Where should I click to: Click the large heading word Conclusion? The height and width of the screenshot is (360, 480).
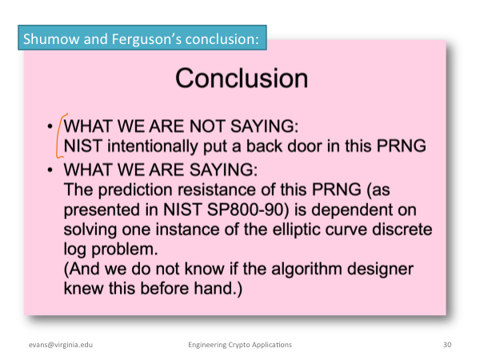242,78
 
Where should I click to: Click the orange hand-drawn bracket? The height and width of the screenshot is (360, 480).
61,136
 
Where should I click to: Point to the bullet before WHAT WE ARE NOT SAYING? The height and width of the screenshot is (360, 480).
50,126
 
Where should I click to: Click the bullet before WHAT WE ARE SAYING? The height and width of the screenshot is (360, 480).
50,170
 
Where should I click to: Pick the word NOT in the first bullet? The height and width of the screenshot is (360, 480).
207,126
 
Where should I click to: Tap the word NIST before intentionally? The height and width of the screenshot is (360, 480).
83,146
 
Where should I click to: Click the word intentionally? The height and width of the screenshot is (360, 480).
153,146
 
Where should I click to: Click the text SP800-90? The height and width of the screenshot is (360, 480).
248,210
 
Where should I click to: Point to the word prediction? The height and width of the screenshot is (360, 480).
135,190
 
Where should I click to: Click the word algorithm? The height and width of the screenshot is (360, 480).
306,270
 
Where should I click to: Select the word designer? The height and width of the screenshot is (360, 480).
381,270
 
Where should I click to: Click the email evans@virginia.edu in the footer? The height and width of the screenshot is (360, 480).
61,345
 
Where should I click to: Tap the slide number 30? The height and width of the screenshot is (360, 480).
447,345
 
